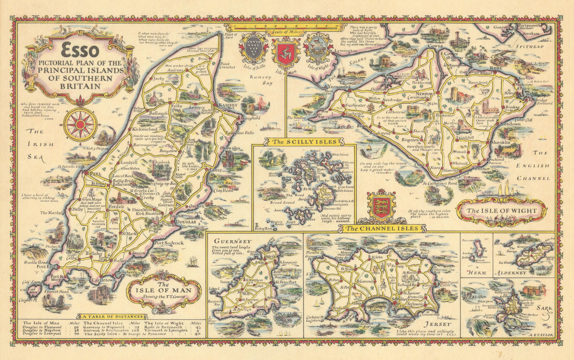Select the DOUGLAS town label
click(x=185, y=223)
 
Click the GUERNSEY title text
click(x=228, y=241)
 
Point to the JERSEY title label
click(x=439, y=324)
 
